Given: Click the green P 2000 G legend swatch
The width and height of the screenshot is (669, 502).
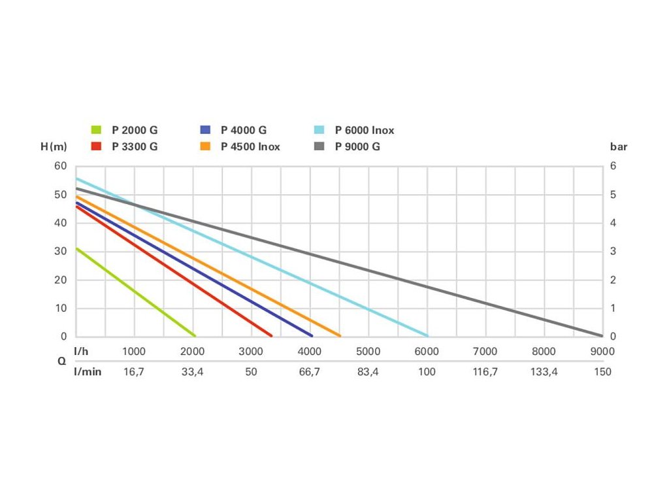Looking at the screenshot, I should click(96, 130).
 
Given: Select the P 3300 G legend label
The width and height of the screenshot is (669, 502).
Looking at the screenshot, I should click(135, 146).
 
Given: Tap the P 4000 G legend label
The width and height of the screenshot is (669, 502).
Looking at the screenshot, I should click(243, 130).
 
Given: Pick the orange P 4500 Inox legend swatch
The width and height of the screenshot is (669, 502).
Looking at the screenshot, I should click(204, 146).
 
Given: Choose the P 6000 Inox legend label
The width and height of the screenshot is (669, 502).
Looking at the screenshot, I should click(365, 130).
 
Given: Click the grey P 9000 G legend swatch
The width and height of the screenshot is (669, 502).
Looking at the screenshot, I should click(319, 146).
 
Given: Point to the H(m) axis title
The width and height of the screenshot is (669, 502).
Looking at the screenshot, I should click(54, 146).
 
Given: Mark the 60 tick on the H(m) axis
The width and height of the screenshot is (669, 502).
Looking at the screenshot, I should click(61, 166).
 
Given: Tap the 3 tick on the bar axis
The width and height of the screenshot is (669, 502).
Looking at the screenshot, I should click(612, 251).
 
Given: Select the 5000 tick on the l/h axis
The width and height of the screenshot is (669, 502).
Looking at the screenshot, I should click(368, 351).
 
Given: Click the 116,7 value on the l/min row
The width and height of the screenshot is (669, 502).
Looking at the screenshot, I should click(485, 371).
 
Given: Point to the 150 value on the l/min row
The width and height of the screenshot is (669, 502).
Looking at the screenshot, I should click(602, 371).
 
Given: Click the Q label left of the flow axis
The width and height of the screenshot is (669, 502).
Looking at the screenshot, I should click(61, 361).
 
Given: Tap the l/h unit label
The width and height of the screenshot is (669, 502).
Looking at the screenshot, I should click(81, 351).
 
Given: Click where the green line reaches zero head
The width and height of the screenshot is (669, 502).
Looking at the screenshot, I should click(194, 335).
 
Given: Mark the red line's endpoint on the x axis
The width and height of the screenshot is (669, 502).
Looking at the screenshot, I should click(270, 335).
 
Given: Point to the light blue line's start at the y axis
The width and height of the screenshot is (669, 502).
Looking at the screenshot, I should click(77, 178).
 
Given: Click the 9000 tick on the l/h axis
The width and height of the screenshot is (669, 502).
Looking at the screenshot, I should click(602, 351).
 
